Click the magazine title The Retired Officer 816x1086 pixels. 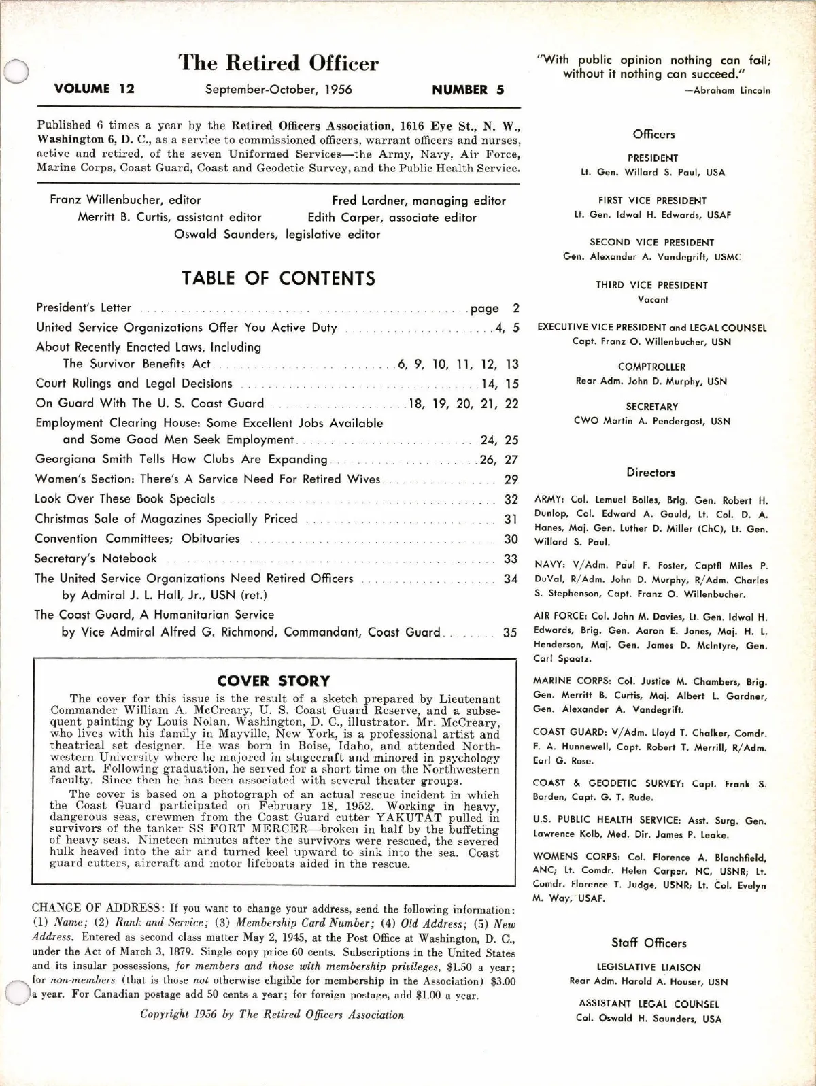tap(278, 63)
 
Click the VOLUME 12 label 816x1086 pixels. tap(94, 89)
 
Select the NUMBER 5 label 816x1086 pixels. tap(468, 90)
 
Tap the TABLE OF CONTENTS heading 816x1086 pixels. tap(278, 278)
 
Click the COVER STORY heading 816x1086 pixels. tap(273, 681)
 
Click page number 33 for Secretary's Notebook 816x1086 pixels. tap(511, 559)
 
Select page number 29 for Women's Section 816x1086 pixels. tap(511, 479)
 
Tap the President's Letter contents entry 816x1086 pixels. tap(84, 308)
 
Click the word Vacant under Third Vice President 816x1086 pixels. tap(653, 299)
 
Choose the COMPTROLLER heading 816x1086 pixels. tap(651, 367)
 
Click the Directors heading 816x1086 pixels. tap(651, 473)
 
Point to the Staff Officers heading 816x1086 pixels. tap(649, 943)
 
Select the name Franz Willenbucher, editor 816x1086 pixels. tap(125, 200)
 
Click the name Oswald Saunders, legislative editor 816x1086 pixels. tap(277, 234)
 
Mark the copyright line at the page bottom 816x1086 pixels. tap(272, 1015)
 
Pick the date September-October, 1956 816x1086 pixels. tap(279, 90)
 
